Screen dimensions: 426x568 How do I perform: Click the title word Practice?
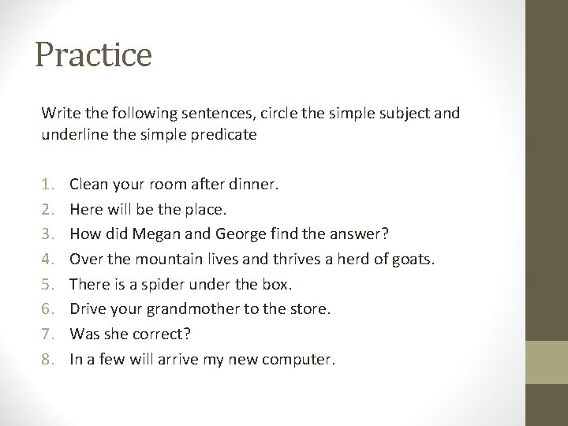93,56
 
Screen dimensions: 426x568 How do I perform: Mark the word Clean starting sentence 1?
88,184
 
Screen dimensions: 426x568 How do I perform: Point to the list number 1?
47,184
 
